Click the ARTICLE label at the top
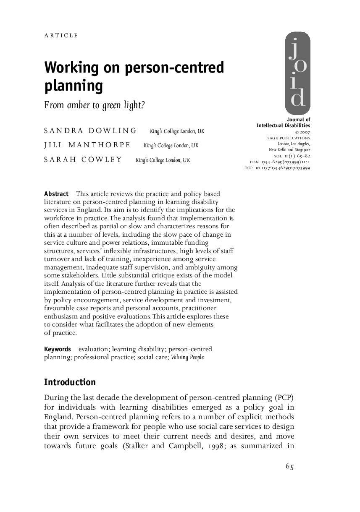61,36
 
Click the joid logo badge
297,73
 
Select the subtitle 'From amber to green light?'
95,105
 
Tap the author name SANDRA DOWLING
90,131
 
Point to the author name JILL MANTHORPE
87,145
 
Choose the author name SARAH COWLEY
83,159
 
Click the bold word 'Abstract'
56,194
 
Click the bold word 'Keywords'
58,349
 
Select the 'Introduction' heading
70,382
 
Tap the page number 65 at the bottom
289,466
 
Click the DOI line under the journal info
277,168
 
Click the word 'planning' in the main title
74,86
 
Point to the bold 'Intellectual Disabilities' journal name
283,125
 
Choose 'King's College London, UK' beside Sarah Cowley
163,160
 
